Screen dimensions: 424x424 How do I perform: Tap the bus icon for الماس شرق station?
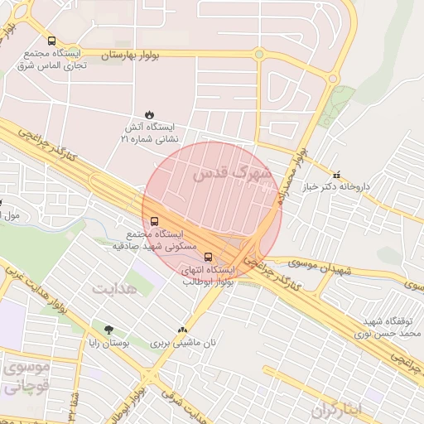click(52, 41)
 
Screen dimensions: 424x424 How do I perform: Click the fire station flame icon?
click(149, 114)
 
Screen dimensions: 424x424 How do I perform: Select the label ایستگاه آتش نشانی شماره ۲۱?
click(149, 132)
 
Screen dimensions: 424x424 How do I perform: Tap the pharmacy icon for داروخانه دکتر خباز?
click(335, 176)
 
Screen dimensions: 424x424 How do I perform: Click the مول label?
click(12, 215)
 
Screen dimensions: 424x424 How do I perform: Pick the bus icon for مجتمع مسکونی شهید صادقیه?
click(154, 221)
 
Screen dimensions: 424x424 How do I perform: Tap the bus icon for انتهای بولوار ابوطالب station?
click(207, 256)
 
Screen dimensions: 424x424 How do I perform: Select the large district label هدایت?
click(113, 289)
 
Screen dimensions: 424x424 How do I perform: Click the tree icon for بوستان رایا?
click(108, 330)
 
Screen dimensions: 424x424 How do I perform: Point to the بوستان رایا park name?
click(108, 342)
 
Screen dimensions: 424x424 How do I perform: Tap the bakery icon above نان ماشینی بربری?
click(182, 330)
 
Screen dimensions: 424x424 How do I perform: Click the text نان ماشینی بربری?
click(182, 342)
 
